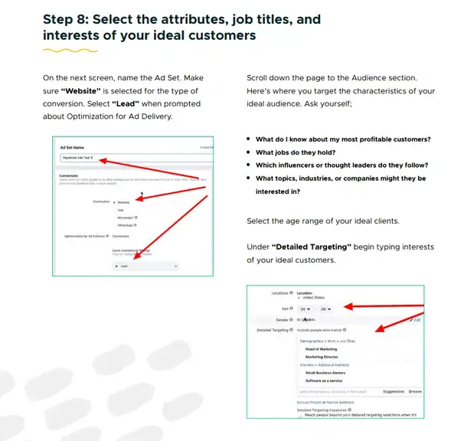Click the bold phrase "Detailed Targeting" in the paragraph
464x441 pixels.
(x=309, y=247)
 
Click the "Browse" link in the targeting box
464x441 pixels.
(x=414, y=391)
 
